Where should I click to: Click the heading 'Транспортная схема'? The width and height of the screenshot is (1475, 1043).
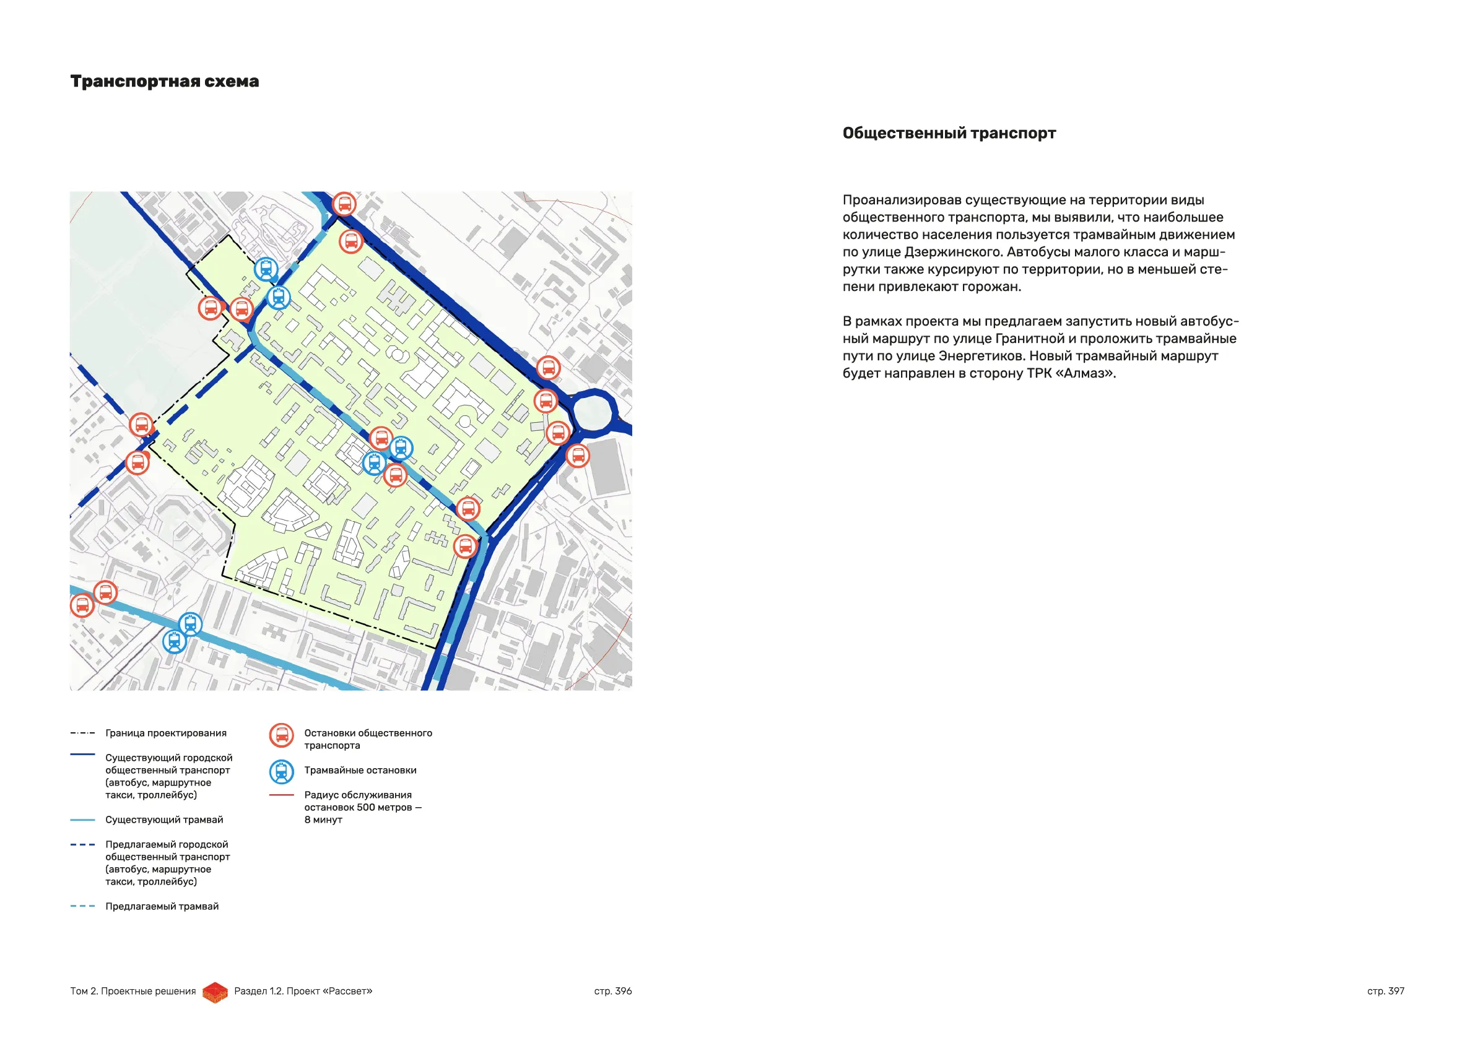[165, 82]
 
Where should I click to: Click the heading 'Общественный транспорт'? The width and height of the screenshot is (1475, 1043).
[949, 133]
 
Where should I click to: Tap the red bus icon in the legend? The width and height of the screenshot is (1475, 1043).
[281, 735]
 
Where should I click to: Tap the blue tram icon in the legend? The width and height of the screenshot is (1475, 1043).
[281, 772]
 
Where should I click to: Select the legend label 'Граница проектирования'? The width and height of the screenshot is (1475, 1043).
[166, 733]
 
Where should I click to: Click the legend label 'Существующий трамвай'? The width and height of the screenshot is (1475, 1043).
[164, 820]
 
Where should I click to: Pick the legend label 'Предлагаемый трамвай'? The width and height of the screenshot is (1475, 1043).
[162, 906]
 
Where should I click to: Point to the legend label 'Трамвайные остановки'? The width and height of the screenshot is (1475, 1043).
[360, 770]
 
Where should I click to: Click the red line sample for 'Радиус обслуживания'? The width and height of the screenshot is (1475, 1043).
[281, 795]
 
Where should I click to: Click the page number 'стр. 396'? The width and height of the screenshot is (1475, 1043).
[613, 991]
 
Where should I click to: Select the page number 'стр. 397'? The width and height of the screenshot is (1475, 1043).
[1386, 991]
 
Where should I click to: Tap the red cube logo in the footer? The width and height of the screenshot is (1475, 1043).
[215, 992]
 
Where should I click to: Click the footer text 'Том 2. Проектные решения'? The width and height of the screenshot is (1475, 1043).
[133, 991]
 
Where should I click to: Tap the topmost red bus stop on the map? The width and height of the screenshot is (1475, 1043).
[344, 204]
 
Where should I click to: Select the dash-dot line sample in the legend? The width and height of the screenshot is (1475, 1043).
[83, 733]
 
